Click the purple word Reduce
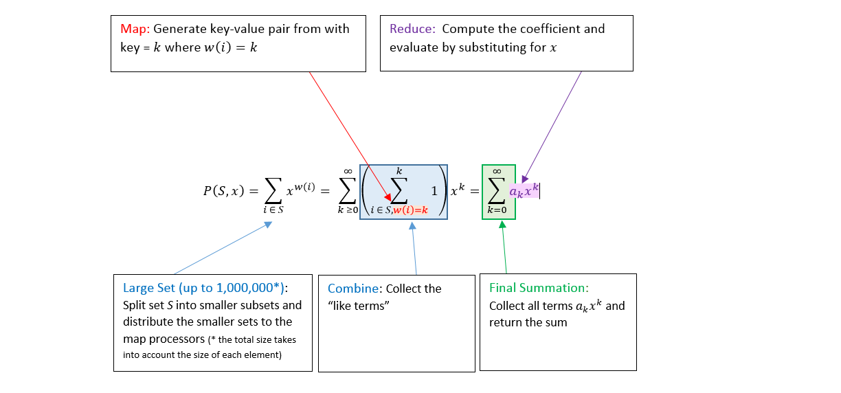point(412,29)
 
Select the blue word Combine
point(355,289)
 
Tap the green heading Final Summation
point(539,288)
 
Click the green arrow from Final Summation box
point(504,247)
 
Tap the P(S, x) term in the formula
point(218,192)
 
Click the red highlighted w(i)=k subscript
point(410,210)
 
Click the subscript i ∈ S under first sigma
point(273,210)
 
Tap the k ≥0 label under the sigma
point(348,210)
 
